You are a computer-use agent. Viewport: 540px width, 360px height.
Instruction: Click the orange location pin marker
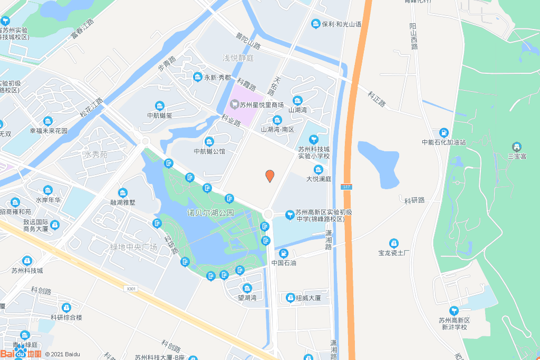point(269,176)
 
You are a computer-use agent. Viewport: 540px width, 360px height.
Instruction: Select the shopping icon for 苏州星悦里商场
point(235,104)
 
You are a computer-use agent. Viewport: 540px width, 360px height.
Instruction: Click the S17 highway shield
point(346,187)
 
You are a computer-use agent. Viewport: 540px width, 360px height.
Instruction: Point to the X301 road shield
point(131,288)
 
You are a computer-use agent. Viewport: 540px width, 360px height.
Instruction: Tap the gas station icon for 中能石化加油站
point(444,132)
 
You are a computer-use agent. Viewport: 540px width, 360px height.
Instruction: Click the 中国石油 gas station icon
point(284,254)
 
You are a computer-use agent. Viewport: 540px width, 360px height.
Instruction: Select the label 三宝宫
point(517,156)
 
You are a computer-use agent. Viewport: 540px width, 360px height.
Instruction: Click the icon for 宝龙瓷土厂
point(393,243)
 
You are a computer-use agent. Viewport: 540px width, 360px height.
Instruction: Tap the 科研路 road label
point(414,200)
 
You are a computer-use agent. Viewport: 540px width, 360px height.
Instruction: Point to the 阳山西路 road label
point(413,36)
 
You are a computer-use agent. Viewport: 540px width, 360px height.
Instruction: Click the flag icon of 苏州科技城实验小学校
point(314,139)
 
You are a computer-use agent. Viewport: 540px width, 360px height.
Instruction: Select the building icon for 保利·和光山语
point(315,24)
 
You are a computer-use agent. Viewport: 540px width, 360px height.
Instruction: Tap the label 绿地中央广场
point(133,247)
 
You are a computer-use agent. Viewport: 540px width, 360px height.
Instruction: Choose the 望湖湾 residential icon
point(247,288)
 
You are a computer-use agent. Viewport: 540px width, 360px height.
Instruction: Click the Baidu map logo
point(21,354)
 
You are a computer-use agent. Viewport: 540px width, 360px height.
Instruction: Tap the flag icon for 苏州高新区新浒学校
point(453,310)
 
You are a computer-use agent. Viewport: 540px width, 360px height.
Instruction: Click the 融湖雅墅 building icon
point(123,193)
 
